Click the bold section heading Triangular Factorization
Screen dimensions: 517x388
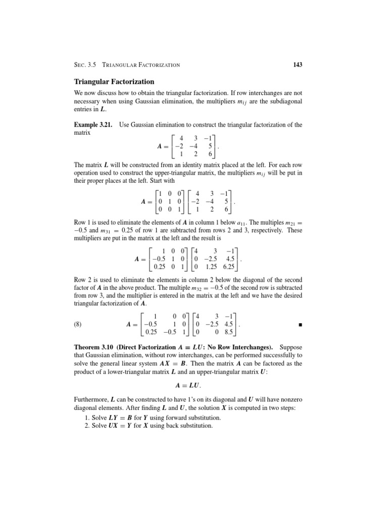(x=114, y=81)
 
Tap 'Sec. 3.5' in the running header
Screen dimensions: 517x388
(x=85, y=65)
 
